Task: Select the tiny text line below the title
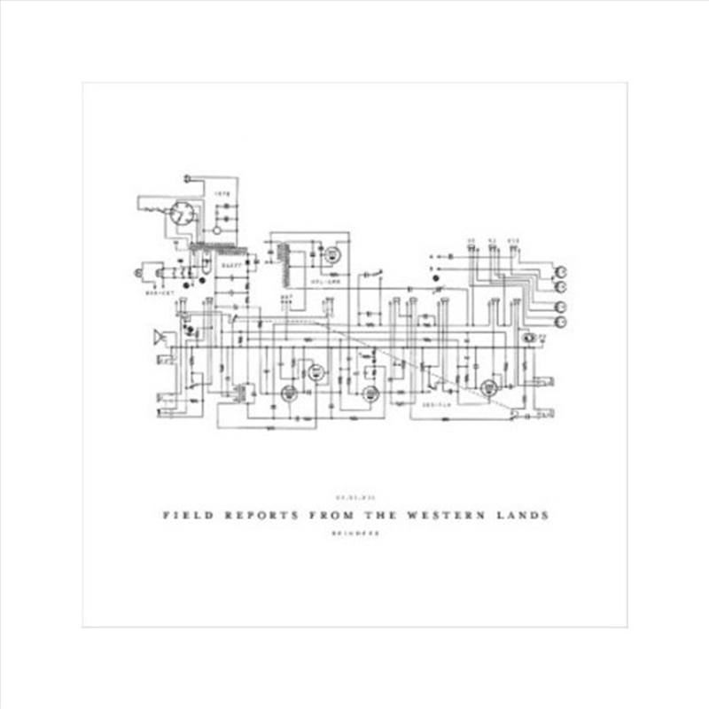[354, 529]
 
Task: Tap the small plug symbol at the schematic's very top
[187, 178]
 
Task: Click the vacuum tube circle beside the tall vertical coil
[331, 253]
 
